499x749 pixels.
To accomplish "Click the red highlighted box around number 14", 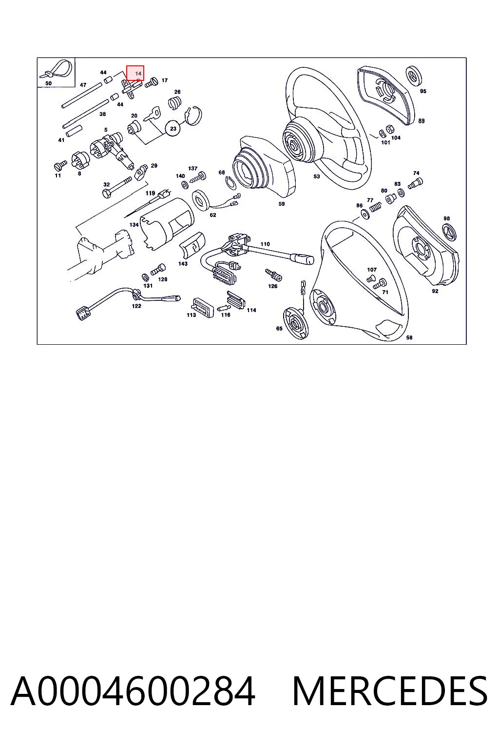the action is (x=135, y=73).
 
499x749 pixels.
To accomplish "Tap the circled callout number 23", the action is (x=173, y=128).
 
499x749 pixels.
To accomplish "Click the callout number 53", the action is (x=316, y=176).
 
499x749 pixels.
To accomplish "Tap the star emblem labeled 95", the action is (x=414, y=76).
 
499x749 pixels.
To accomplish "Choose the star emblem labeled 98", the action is (x=449, y=232).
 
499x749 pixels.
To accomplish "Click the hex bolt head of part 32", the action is (x=107, y=193).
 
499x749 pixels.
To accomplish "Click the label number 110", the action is (x=265, y=244).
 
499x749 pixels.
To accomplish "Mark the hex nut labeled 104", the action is (x=389, y=129).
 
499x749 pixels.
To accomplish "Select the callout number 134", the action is (x=134, y=225).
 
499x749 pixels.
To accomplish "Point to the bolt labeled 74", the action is (x=415, y=183).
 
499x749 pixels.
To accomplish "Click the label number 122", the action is (x=136, y=306).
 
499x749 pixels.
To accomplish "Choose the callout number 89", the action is (x=421, y=121).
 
